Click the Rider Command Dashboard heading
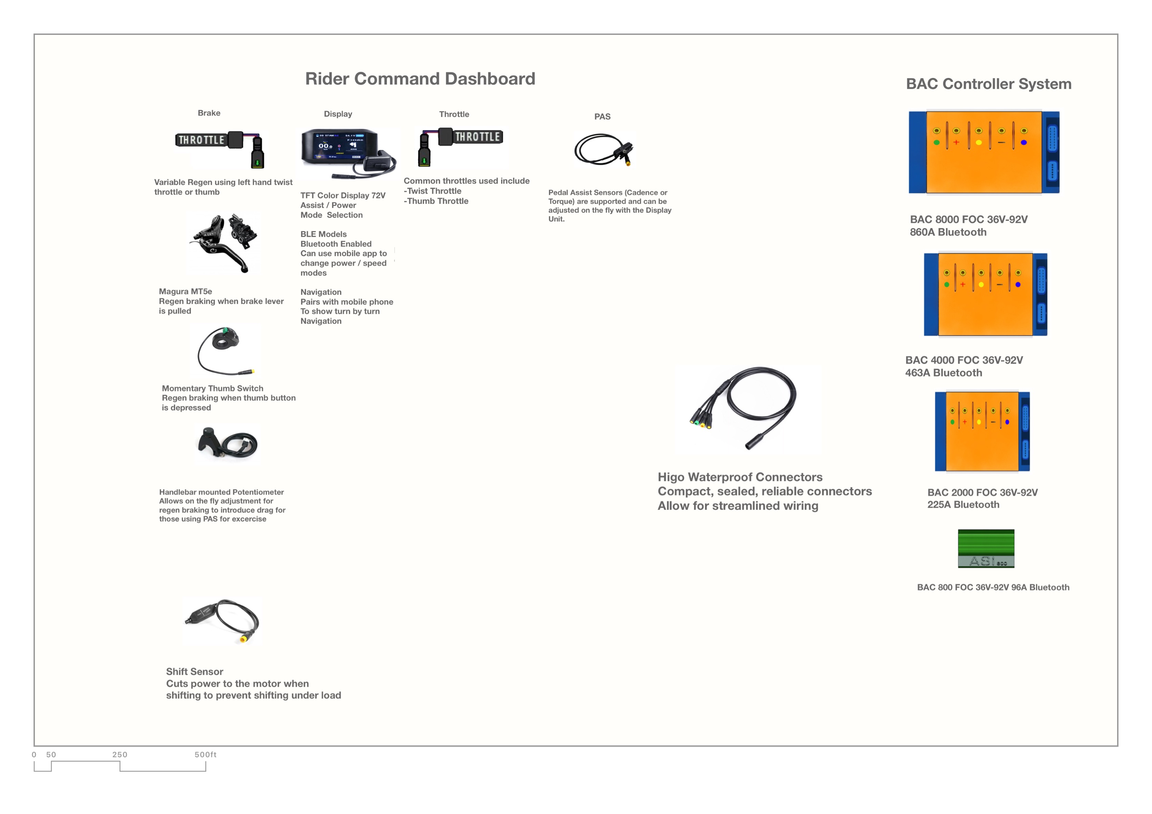pyautogui.click(x=420, y=79)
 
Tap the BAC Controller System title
pyautogui.click(x=989, y=84)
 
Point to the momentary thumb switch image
pyautogui.click(x=225, y=350)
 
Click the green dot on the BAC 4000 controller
pyautogui.click(x=946, y=285)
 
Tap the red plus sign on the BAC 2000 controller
pyautogui.click(x=964, y=422)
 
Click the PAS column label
pyautogui.click(x=602, y=116)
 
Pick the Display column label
pyautogui.click(x=338, y=114)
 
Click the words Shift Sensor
pyautogui.click(x=195, y=671)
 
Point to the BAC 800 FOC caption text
pyautogui.click(x=993, y=587)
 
